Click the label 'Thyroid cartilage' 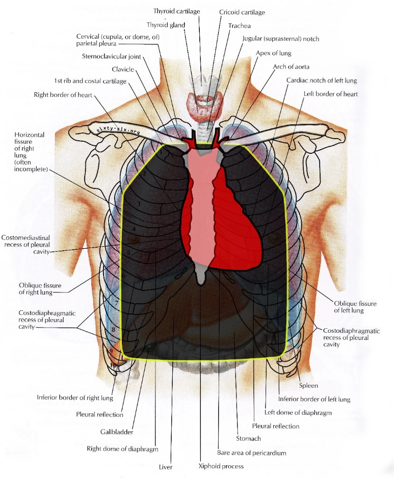(176, 11)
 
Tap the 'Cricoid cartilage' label (242, 12)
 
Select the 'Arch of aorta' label (291, 67)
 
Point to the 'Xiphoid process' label (221, 466)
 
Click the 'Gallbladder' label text (117, 432)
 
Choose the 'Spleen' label (308, 386)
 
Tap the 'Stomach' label (248, 438)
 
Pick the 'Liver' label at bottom (166, 467)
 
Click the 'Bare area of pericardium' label (252, 453)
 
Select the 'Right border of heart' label (63, 95)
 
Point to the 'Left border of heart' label (330, 94)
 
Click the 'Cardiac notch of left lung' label (322, 81)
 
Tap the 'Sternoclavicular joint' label (112, 56)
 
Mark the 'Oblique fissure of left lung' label (355, 307)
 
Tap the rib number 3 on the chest (139, 203)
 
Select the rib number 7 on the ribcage (116, 303)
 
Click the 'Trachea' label (240, 25)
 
